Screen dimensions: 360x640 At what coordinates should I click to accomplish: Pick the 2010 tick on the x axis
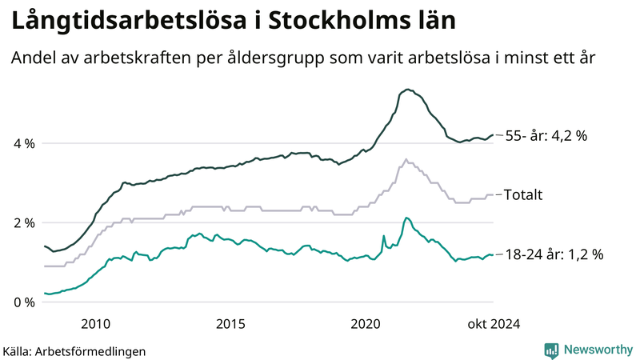(x=95, y=324)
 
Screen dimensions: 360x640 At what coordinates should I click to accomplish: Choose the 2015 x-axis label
(x=230, y=324)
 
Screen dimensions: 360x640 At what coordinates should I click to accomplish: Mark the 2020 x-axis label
(x=366, y=324)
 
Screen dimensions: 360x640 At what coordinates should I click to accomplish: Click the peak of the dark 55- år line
(x=408, y=90)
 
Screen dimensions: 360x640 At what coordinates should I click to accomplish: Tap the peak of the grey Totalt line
(x=406, y=159)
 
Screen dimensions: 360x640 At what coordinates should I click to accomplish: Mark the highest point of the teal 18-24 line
(x=406, y=218)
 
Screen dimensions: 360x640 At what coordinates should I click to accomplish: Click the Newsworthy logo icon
(x=551, y=350)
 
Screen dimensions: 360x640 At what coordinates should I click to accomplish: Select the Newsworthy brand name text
(x=598, y=350)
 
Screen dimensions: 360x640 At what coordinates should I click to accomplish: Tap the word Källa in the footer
(x=18, y=351)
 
